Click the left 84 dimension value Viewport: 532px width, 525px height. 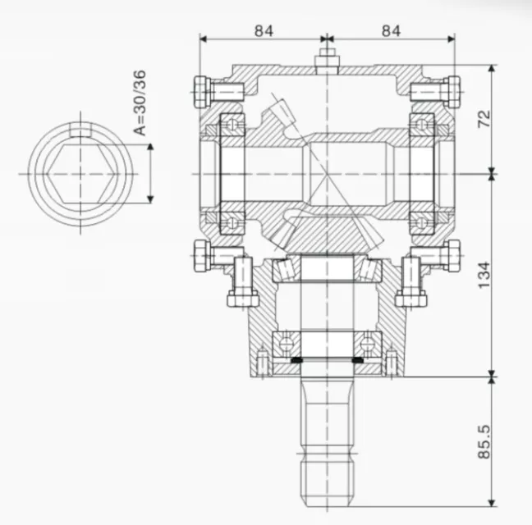point(263,30)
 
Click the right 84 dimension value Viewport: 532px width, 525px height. point(390,30)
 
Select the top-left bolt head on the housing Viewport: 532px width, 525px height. point(201,91)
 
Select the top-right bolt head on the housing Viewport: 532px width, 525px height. point(452,91)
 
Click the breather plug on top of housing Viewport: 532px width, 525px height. point(327,60)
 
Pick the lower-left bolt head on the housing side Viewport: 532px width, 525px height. point(201,256)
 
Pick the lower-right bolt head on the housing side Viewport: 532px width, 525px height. point(452,256)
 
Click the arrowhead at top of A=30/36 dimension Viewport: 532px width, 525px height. point(150,148)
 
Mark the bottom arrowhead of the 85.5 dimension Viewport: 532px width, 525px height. point(491,502)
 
